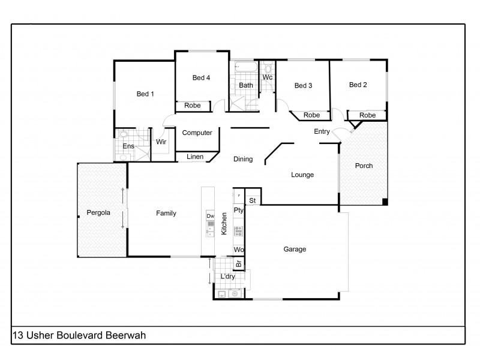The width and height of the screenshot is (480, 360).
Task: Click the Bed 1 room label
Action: click(145, 94)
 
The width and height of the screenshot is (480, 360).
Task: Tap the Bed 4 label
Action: click(202, 77)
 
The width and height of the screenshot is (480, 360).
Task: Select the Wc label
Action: click(268, 77)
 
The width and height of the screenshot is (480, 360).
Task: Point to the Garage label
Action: click(295, 249)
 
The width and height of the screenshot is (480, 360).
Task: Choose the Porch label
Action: click(364, 166)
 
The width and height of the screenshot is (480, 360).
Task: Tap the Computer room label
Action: click(197, 133)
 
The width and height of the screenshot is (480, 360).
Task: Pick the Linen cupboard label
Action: click(195, 157)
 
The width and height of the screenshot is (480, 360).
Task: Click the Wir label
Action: click(161, 142)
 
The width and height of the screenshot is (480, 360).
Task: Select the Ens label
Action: click(128, 146)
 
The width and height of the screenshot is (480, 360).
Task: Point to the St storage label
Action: click(253, 200)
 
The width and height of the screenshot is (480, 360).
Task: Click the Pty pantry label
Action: click(238, 210)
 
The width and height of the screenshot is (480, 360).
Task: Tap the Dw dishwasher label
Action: click(210, 216)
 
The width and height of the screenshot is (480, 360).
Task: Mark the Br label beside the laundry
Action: click(238, 263)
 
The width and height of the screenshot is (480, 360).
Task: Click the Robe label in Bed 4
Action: click(192, 106)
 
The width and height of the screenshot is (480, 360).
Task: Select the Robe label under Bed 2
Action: click(367, 115)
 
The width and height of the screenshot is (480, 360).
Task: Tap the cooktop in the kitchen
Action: click(238, 230)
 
